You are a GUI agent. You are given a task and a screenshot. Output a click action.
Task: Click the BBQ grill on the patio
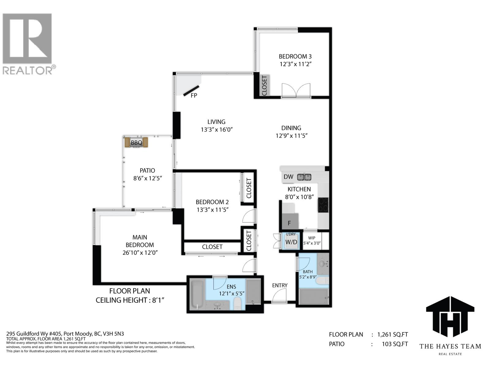(136, 143)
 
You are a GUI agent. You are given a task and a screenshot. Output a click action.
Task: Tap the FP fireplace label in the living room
(194, 95)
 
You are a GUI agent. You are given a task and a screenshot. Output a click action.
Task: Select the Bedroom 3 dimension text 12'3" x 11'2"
(295, 64)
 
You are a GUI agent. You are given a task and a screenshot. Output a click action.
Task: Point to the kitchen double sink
(304, 177)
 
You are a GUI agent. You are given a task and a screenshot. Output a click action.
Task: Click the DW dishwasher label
(288, 177)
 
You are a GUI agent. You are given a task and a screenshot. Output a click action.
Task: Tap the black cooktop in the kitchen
(323, 205)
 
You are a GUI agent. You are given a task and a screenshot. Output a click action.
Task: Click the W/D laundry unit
(291, 242)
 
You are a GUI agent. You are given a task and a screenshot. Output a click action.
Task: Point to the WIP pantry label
(312, 238)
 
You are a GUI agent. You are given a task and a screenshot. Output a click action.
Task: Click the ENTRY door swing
(279, 296)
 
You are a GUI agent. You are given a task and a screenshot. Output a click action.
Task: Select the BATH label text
(308, 271)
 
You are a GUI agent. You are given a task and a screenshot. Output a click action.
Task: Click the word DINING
(291, 128)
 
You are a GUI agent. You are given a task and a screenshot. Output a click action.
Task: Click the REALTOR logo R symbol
(27, 38)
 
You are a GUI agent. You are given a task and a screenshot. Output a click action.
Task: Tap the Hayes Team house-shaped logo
(450, 317)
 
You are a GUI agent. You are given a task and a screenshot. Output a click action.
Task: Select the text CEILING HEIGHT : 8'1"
(130, 300)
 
